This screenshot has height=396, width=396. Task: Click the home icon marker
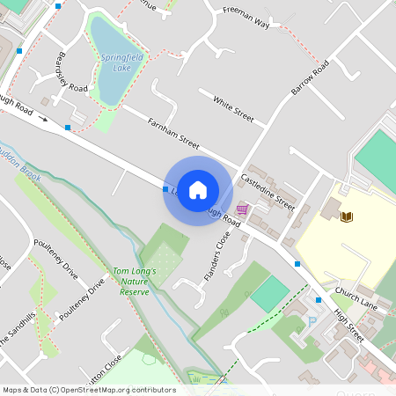198,190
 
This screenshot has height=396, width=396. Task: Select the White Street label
232,109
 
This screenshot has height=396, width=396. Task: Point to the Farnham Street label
174,133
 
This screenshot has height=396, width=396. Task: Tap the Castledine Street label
268,191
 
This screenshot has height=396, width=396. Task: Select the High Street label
348,319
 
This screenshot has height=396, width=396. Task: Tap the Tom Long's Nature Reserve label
134,281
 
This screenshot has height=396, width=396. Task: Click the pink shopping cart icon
242,209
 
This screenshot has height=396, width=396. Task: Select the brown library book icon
347,216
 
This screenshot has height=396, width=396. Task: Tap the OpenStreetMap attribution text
88,390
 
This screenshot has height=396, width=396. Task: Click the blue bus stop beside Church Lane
297,263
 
